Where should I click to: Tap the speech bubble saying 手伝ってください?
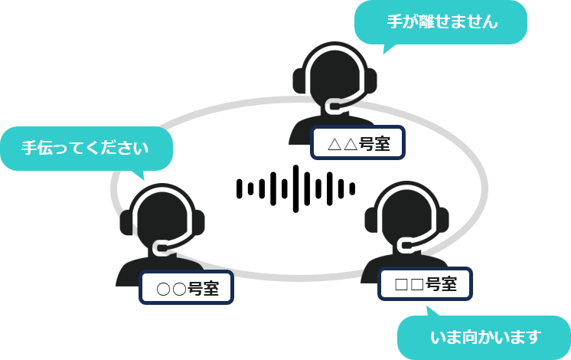tap(85, 148)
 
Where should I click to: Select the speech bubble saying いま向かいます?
tap(484, 336)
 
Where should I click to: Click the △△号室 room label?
tap(357, 143)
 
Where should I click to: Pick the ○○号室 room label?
tap(187, 288)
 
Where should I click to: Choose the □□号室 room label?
tap(426, 284)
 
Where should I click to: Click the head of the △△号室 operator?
tap(334, 73)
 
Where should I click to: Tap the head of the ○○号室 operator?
tap(162, 214)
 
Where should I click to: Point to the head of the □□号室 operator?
tap(406, 213)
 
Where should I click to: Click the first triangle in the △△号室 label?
tap(333, 144)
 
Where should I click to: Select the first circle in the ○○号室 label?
tap(162, 289)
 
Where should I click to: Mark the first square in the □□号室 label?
tap(401, 285)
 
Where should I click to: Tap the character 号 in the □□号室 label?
tap(433, 284)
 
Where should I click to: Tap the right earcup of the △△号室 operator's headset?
tap(370, 80)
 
